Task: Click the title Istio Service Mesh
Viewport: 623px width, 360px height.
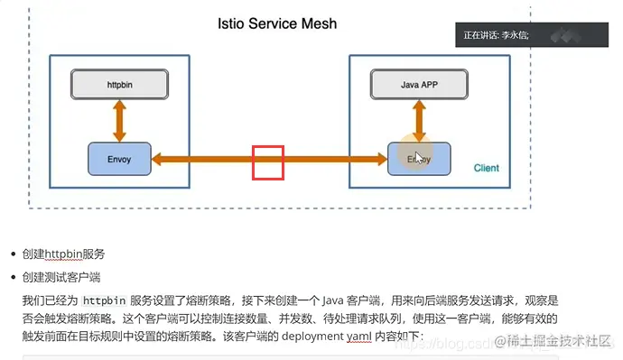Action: (x=277, y=23)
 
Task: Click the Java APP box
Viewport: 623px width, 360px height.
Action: (x=418, y=85)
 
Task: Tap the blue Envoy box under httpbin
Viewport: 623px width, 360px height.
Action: (x=119, y=159)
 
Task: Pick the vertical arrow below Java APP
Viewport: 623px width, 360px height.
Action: (x=418, y=120)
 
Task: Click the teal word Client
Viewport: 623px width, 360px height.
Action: (x=486, y=168)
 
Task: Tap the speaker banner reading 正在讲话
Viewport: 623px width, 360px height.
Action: (x=497, y=35)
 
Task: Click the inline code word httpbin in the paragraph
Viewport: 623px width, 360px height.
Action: (x=104, y=300)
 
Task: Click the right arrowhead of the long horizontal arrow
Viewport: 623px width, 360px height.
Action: (x=380, y=160)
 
